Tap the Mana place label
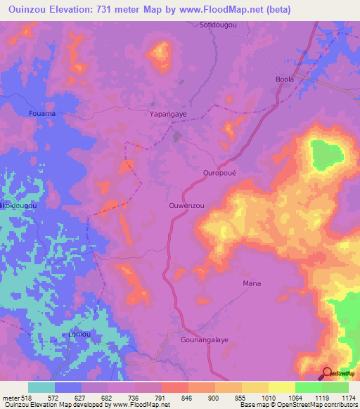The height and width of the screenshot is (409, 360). (252, 283)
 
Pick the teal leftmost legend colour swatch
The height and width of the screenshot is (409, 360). (41, 387)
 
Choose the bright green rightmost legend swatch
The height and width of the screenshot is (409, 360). (335, 387)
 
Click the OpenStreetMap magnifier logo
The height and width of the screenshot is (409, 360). (327, 372)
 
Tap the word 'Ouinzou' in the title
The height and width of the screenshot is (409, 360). (30, 10)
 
